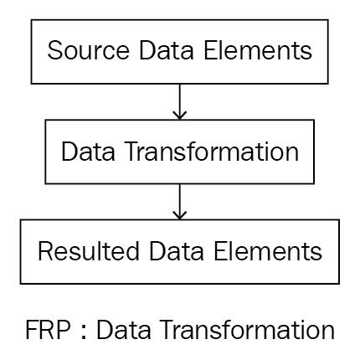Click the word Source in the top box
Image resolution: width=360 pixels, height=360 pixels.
[x=88, y=50]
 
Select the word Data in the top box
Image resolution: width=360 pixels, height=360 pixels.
[x=167, y=50]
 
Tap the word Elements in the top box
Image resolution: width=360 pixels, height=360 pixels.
[x=258, y=50]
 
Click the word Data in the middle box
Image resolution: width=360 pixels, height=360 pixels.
[x=88, y=151]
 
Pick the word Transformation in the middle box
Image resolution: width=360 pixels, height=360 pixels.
[x=212, y=151]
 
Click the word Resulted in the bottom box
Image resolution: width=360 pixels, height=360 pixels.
[x=88, y=251]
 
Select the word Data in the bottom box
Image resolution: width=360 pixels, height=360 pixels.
[x=177, y=251]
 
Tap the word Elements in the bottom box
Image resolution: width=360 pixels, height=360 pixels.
[x=268, y=251]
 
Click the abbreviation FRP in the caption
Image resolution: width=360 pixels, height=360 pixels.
[x=48, y=329]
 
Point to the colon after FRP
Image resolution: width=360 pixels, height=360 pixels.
[x=83, y=332]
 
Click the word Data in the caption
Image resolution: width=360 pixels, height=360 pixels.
[x=123, y=329]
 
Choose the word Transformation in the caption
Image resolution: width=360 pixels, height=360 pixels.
[x=248, y=329]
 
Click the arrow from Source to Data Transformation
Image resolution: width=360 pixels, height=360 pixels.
[x=180, y=102]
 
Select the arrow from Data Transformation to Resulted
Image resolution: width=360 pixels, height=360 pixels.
[x=180, y=202]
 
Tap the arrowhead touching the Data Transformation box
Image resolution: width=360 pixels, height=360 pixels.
[x=180, y=116]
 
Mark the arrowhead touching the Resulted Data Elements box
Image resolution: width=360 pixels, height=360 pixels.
[x=180, y=215]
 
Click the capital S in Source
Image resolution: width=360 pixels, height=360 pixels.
[x=54, y=50]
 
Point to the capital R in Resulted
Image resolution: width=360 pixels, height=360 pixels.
[x=45, y=251]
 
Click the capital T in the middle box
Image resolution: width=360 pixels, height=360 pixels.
[x=133, y=151]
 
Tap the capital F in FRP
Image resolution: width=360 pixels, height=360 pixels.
[x=31, y=330]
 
